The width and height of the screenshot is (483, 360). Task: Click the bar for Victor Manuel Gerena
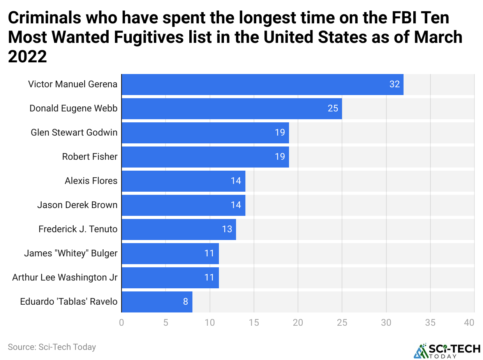click(x=262, y=84)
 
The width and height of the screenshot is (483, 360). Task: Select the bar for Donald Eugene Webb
click(x=231, y=108)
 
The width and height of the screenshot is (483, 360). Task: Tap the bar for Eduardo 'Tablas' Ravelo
click(x=157, y=302)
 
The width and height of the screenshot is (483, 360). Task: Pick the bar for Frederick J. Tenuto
click(x=178, y=229)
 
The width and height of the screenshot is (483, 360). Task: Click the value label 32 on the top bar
click(x=395, y=84)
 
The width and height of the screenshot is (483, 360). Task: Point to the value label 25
click(x=333, y=108)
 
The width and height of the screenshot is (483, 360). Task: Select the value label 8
click(x=185, y=302)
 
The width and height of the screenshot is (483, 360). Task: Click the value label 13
click(x=227, y=229)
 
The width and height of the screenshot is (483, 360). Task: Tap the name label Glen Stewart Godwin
click(x=74, y=132)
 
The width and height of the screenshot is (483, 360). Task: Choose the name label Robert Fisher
click(x=90, y=157)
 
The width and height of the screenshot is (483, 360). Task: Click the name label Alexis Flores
click(x=91, y=181)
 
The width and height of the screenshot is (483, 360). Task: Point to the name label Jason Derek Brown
click(x=77, y=205)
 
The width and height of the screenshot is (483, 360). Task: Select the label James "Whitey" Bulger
click(x=71, y=253)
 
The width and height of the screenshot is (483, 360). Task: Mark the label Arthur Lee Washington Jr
click(x=65, y=277)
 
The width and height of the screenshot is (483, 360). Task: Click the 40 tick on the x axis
click(x=469, y=323)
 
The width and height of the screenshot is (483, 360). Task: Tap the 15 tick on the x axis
click(x=254, y=323)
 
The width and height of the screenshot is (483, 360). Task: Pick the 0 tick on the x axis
click(x=122, y=323)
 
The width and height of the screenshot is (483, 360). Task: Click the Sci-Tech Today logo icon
click(x=420, y=350)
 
